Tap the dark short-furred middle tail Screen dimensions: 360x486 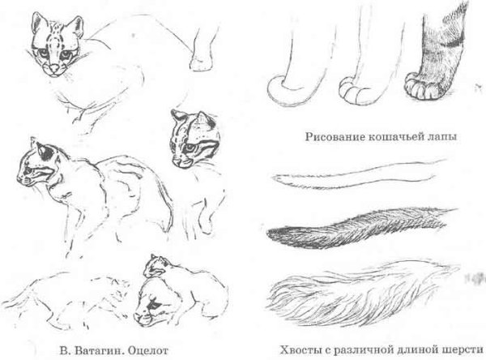[x=356, y=230]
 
